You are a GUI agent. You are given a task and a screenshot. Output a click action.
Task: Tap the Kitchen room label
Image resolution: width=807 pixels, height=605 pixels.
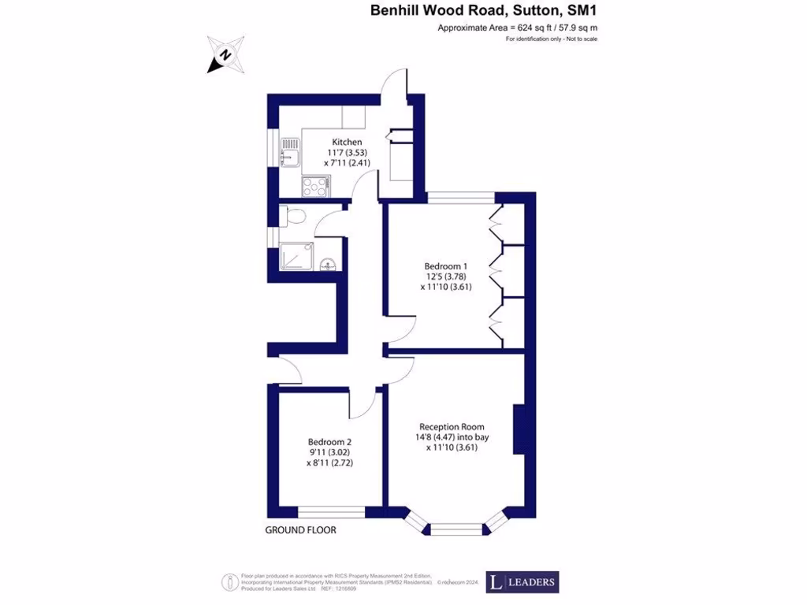347,142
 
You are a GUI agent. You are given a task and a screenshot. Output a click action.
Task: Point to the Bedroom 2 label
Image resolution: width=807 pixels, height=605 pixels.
329,442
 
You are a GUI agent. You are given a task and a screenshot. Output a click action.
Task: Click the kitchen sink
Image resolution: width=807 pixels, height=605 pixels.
291,150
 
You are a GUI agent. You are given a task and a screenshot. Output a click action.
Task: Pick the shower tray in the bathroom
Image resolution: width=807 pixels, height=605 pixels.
297,257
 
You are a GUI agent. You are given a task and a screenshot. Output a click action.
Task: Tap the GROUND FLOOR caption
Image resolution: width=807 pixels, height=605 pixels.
300,530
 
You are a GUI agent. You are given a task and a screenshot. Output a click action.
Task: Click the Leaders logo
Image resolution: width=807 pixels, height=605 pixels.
522,582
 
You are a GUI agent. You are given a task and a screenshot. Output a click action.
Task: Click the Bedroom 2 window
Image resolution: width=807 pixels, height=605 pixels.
331,513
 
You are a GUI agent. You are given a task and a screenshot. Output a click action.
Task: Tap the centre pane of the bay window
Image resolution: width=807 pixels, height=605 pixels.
456,529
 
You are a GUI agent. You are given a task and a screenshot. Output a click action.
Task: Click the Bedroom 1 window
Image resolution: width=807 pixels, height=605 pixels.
461,197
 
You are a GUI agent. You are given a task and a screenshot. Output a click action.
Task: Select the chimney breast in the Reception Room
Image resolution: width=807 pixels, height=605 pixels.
519,429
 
